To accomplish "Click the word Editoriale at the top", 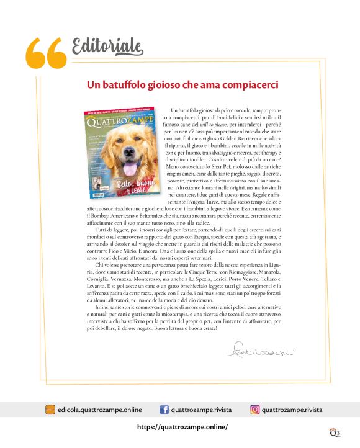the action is pyautogui.click(x=107, y=45).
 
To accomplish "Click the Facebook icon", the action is pyautogui.click(x=164, y=410).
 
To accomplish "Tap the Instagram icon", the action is pyautogui.click(x=254, y=410).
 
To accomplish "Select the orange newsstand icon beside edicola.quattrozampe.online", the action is pyautogui.click(x=50, y=410).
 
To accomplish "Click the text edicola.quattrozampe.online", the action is pyautogui.click(x=99, y=410).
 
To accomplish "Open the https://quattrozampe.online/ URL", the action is pyautogui.click(x=182, y=427).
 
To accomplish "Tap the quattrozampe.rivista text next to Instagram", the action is pyautogui.click(x=293, y=410).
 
